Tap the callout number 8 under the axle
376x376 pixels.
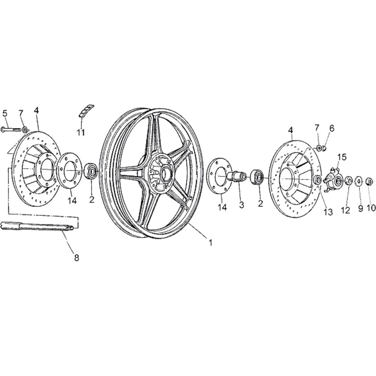76,258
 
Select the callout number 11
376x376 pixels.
81,132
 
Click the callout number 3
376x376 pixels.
241,205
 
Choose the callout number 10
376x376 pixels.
371,208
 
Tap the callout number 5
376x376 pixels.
5,113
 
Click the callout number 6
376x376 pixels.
331,129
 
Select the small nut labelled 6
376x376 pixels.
323,149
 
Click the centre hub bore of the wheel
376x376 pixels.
165,174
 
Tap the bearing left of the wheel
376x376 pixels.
91,171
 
